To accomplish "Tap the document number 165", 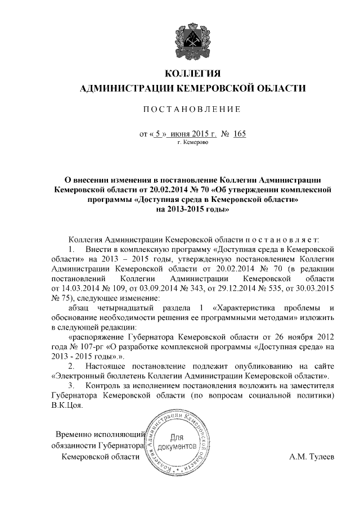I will [240, 135].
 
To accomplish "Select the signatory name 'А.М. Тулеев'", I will [311, 457].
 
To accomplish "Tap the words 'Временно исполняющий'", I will [100, 434].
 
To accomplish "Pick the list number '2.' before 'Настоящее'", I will [71, 366].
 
